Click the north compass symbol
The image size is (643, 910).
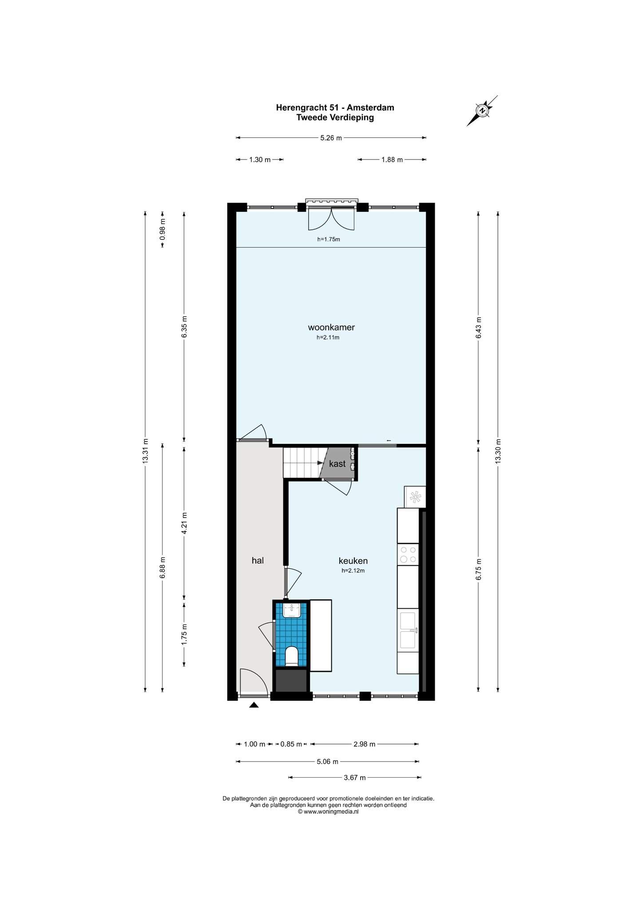[x=482, y=110]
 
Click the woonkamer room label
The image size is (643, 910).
[x=331, y=327]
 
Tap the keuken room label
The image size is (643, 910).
[x=353, y=561]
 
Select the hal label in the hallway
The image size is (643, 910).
[x=258, y=560]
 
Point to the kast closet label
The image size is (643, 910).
[x=337, y=463]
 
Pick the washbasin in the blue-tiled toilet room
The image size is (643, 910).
[x=292, y=610]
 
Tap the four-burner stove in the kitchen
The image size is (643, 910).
[x=408, y=554]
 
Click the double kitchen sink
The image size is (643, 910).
[x=408, y=630]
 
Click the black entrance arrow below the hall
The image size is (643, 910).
[x=254, y=705]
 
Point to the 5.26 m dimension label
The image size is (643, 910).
[x=331, y=138]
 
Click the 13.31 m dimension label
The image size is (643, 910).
[x=145, y=451]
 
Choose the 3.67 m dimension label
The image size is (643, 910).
[x=355, y=778]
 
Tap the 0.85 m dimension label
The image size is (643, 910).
[x=291, y=744]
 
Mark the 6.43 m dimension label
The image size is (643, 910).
[x=478, y=328]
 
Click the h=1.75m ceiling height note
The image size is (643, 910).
[x=329, y=239]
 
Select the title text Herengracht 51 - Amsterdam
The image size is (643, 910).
[x=335, y=108]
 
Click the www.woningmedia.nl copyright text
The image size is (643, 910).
[x=328, y=811]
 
